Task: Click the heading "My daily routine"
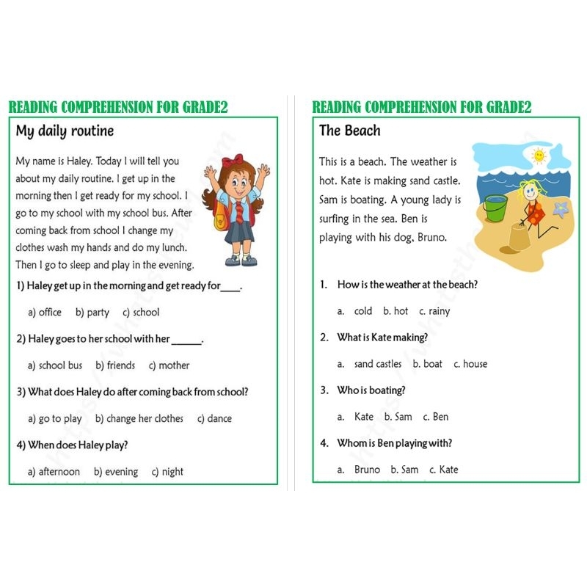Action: [x=65, y=132]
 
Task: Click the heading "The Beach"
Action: [x=350, y=131]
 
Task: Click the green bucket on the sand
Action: [x=495, y=208]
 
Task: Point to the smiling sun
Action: [x=539, y=156]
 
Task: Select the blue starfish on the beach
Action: [x=562, y=210]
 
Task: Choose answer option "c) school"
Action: [x=141, y=313]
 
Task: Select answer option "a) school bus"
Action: [x=55, y=365]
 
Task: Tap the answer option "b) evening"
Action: [x=116, y=472]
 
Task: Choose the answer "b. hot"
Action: [x=395, y=311]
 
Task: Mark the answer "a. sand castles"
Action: [x=370, y=364]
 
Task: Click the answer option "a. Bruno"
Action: [x=359, y=470]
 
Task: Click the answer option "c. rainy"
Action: [x=435, y=311]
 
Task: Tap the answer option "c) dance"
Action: [x=214, y=419]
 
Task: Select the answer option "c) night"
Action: [x=167, y=472]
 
